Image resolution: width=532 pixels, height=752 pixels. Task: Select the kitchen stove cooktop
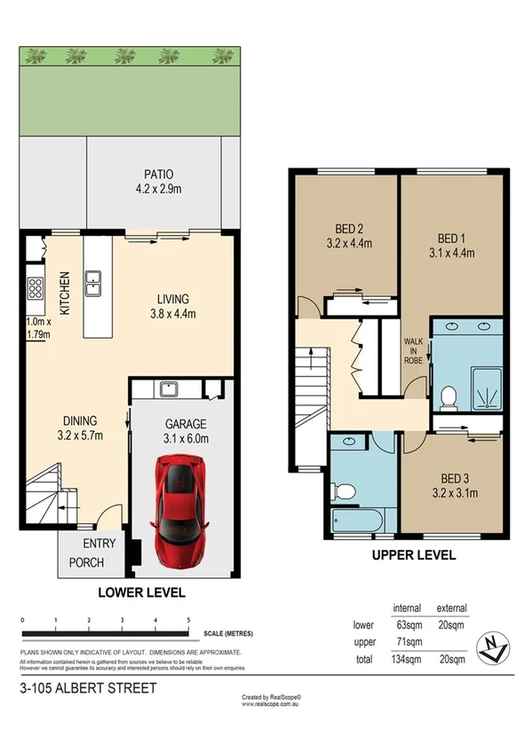(x=36, y=288)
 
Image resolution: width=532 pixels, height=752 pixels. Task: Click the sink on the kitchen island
(x=93, y=283)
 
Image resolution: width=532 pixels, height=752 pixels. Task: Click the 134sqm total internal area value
(x=406, y=659)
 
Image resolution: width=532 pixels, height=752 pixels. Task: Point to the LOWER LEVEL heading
(x=143, y=592)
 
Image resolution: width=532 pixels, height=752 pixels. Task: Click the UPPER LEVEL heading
(x=414, y=556)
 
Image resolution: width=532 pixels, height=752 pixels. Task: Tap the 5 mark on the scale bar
(x=188, y=620)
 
